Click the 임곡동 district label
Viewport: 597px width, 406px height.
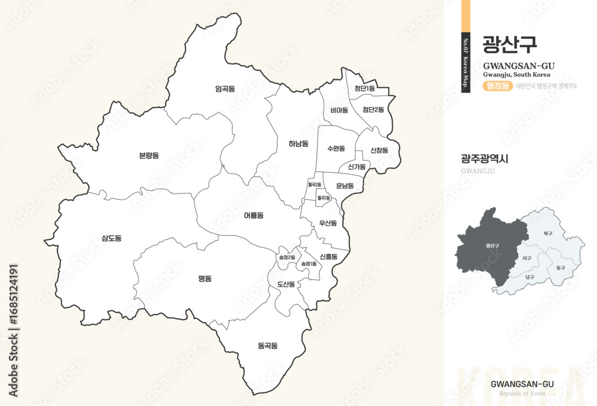pos(225,89)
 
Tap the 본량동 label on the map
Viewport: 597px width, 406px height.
pos(149,156)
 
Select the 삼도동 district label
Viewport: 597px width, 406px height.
pos(111,238)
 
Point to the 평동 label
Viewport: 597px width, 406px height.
pos(205,278)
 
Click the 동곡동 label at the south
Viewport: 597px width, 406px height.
pos(267,346)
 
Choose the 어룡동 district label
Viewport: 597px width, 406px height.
pos(253,215)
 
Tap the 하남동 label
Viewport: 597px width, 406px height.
pos(298,144)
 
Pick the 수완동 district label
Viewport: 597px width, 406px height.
pos(336,148)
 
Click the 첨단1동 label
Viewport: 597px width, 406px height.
pos(364,89)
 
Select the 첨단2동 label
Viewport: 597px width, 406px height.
pos(373,110)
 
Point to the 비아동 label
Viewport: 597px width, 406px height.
pos(339,110)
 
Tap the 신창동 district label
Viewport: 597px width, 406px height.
pos(379,150)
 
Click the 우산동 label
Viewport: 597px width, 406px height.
pos(328,223)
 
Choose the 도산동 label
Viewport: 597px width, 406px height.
pos(286,284)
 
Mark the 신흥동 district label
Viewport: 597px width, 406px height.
pos(328,257)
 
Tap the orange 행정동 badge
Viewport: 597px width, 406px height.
pos(497,86)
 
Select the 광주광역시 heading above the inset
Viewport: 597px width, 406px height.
pos(485,159)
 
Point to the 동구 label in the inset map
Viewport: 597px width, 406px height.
pos(559,268)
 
